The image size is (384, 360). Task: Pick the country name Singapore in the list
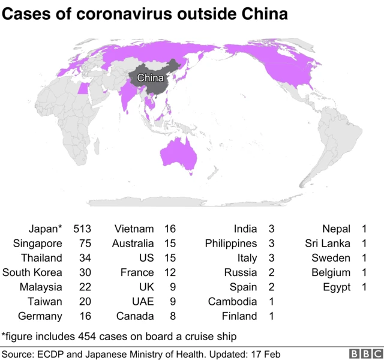[38, 244]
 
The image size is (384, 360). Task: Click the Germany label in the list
[40, 316]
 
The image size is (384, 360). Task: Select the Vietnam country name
[134, 229]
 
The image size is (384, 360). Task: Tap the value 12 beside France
[170, 272]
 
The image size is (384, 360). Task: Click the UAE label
[143, 301]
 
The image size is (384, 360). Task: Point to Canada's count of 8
[173, 316]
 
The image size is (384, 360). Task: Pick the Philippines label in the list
[231, 244]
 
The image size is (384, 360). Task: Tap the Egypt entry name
[337, 287]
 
